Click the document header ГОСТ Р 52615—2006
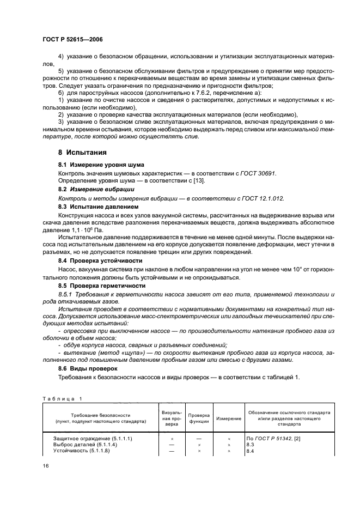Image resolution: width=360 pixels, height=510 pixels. click(x=72, y=40)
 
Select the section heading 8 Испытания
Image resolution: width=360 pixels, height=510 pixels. click(x=82, y=153)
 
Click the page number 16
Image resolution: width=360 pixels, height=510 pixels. click(x=46, y=465)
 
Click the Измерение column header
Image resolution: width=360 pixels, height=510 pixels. click(x=229, y=418)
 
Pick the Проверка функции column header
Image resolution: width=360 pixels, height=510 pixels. click(x=199, y=418)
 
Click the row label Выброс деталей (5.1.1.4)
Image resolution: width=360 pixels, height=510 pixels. click(x=87, y=445)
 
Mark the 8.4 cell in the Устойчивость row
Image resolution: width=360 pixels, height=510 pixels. click(x=251, y=451)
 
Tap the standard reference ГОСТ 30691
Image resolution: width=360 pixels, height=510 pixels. click(x=258, y=173)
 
